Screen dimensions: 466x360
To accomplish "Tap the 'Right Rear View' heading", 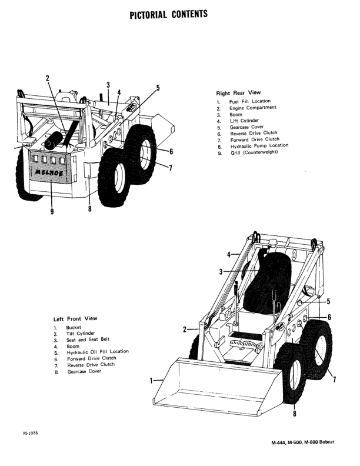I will [238, 93].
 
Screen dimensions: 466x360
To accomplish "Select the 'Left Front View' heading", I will [75, 318].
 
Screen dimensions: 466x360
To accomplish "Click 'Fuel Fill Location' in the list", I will [250, 101].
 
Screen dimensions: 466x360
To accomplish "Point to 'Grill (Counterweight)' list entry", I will [253, 153].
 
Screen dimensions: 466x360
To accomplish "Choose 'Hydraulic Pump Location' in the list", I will [259, 145].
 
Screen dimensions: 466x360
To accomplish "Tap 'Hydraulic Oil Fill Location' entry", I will [98, 351].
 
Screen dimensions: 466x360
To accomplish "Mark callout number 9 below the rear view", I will [52, 212].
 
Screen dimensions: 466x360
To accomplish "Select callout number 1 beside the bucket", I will [152, 380].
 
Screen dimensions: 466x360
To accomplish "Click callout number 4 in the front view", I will [229, 255].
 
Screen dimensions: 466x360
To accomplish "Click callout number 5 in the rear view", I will [158, 88].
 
